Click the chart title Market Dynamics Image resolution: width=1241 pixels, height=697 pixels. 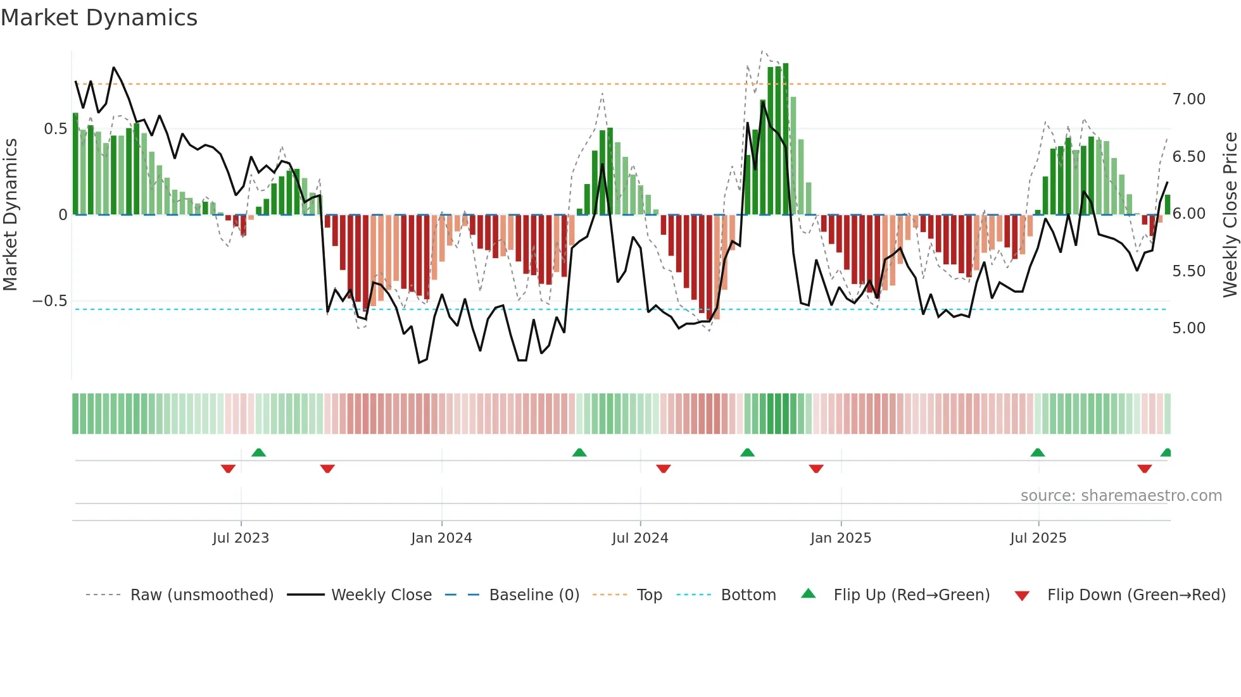[99, 18]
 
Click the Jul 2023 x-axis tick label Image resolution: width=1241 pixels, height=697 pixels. [241, 538]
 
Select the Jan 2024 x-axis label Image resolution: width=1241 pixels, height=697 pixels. [441, 538]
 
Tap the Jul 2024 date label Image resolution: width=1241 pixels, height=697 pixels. [640, 538]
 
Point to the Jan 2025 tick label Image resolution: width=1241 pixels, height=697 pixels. [841, 538]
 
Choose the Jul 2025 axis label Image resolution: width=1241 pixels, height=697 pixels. [1038, 538]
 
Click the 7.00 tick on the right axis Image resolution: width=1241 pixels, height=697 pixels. [1189, 99]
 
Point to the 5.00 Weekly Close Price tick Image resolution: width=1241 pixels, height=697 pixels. [1189, 328]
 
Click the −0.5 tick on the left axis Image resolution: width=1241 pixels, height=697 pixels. [50, 301]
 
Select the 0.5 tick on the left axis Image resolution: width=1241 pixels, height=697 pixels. [55, 129]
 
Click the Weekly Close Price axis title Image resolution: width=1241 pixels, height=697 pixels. [1230, 214]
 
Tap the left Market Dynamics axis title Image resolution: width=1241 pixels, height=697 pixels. [10, 214]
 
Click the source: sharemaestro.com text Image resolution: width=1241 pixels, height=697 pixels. [1121, 496]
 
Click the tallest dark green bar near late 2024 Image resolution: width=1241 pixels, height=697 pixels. [786, 139]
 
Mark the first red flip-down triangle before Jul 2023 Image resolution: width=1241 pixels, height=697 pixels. [228, 468]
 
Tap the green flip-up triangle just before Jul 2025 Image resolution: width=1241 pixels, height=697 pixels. [1037, 453]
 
